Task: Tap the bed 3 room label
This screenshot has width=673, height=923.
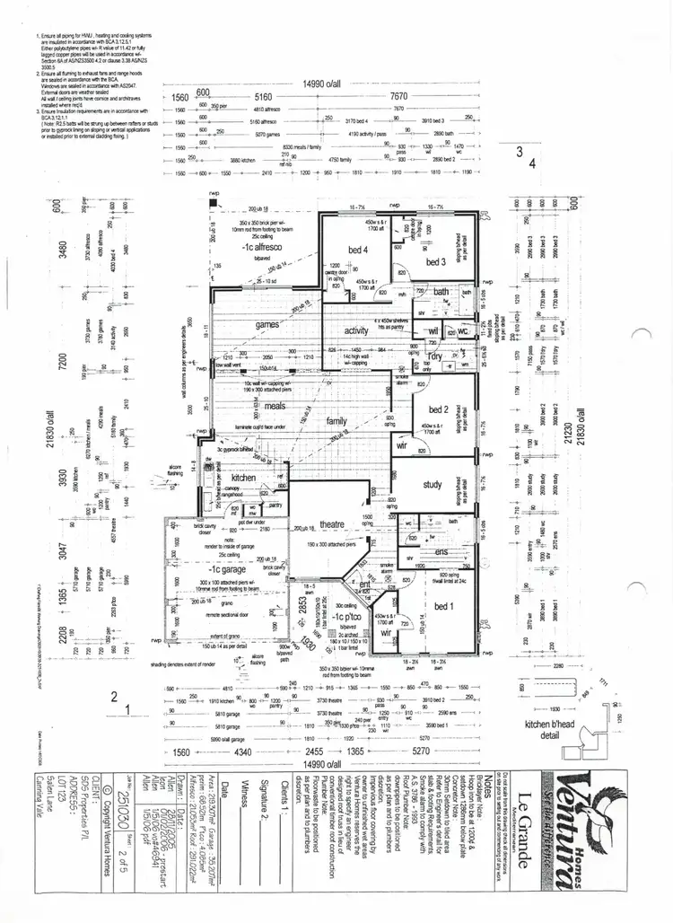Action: point(436,261)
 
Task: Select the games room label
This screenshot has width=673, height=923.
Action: point(268,324)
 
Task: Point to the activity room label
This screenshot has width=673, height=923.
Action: point(356,330)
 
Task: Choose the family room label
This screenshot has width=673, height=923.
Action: point(336,420)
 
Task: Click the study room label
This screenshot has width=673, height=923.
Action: point(432,485)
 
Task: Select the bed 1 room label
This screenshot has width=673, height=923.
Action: point(443,608)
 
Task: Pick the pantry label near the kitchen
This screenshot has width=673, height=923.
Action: point(275,505)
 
